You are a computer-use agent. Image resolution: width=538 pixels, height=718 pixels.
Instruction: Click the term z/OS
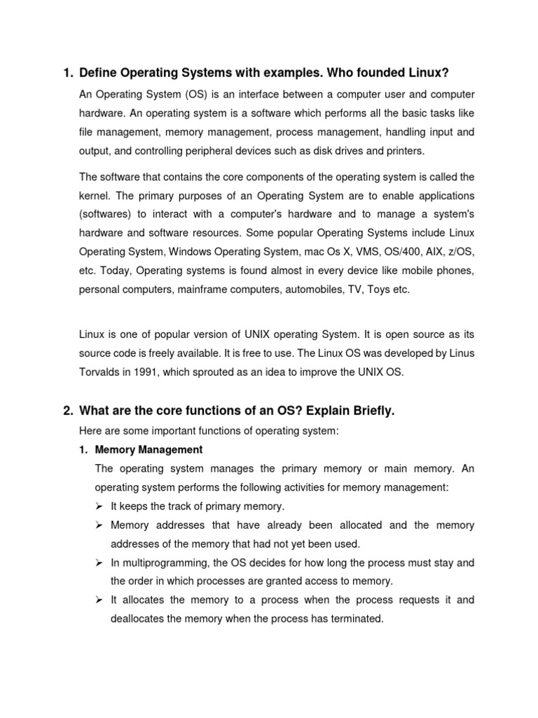point(460,252)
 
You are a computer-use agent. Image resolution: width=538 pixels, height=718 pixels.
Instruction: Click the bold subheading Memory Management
point(149,449)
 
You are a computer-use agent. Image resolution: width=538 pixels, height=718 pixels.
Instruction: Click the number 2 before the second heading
point(67,411)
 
